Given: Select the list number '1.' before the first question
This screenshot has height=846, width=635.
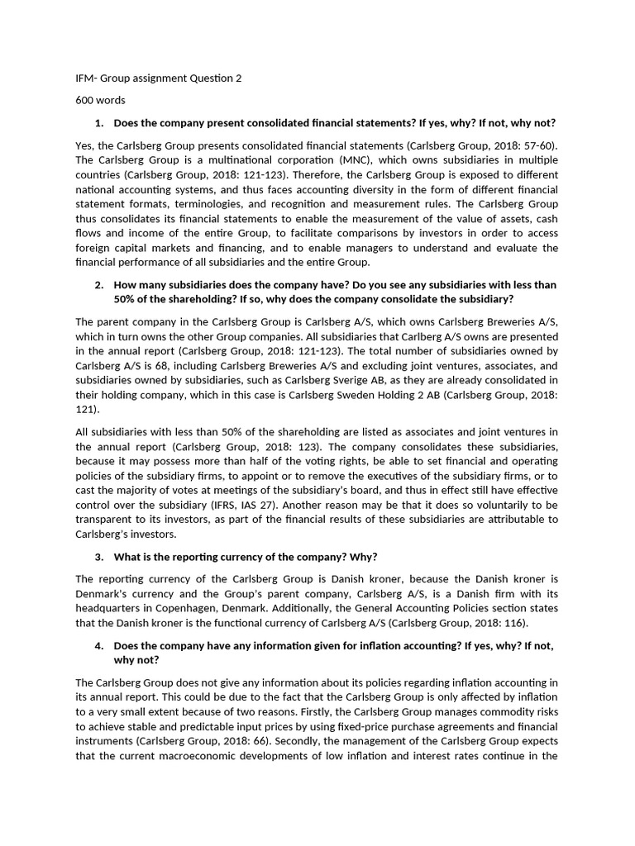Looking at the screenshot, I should pos(99,123).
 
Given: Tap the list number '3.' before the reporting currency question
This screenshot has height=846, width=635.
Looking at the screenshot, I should pos(99,556).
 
